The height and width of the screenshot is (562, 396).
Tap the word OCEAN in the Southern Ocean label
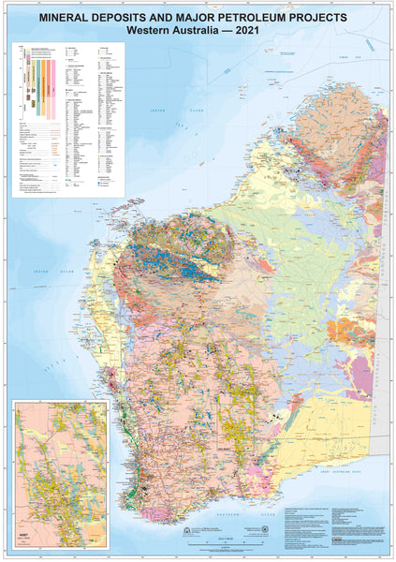pyautogui.click(x=270, y=515)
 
